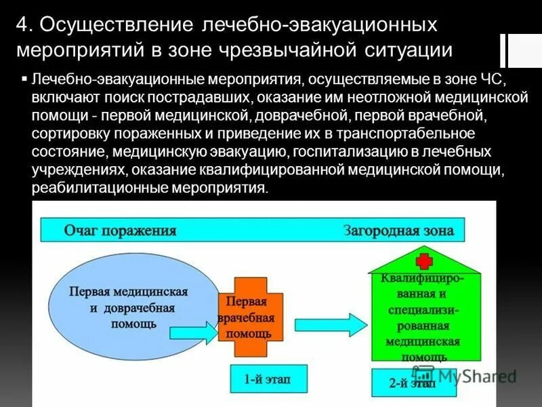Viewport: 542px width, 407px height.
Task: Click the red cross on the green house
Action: [425, 261]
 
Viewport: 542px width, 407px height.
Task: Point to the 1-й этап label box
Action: [268, 378]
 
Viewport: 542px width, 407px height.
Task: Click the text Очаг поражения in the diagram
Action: [120, 230]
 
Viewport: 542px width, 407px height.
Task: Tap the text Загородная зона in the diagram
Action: [398, 231]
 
